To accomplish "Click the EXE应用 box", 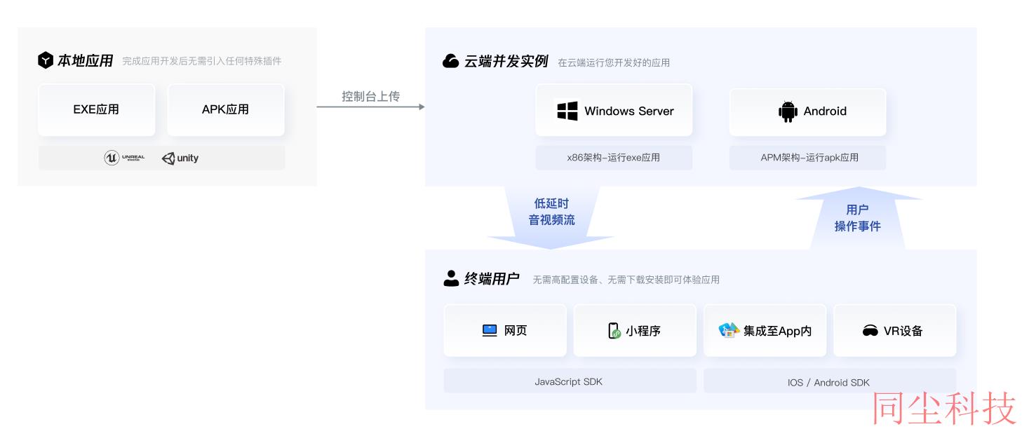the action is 97,109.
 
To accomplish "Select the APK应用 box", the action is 226,109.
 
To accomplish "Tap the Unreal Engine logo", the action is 124,158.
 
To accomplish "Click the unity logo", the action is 180,158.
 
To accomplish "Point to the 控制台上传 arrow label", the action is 371,96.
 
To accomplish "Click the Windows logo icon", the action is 567,111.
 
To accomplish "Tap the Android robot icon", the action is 788,111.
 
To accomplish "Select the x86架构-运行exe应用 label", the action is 614,158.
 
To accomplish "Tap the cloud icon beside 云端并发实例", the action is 450,61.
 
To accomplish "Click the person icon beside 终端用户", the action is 451,278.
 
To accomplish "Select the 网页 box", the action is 505,330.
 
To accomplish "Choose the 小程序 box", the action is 635,330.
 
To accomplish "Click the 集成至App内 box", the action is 765,330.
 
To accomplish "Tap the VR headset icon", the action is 870,331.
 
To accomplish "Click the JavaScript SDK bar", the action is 570,381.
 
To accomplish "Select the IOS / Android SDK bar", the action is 830,382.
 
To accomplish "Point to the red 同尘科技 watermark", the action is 944,409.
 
